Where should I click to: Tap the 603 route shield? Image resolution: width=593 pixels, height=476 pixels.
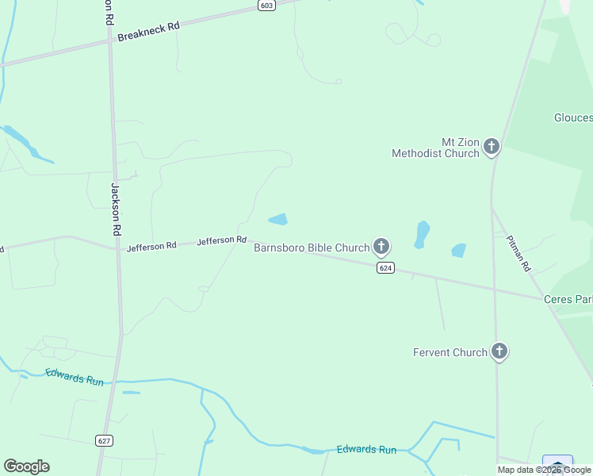[266, 6]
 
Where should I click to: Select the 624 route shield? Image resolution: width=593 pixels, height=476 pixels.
[385, 268]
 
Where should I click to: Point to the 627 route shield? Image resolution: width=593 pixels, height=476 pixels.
[104, 440]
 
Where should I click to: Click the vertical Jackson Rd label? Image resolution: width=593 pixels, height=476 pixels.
[116, 209]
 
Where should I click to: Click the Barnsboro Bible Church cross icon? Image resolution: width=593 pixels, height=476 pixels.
[381, 247]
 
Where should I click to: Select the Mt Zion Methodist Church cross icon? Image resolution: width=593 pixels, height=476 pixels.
[492, 146]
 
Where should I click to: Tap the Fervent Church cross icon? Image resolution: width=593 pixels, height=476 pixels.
[499, 351]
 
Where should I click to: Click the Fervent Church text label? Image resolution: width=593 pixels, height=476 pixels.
[450, 352]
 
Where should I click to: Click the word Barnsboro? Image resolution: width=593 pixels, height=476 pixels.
[279, 248]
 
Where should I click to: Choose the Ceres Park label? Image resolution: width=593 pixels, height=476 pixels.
[568, 299]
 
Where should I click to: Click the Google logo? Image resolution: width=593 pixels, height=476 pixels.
[26, 466]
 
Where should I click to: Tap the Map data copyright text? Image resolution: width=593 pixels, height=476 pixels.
[544, 470]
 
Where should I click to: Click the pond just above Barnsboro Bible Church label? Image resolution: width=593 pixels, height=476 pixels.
[277, 219]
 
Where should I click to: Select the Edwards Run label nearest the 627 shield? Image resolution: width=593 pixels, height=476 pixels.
[75, 378]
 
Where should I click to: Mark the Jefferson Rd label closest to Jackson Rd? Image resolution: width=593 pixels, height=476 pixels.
[151, 247]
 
